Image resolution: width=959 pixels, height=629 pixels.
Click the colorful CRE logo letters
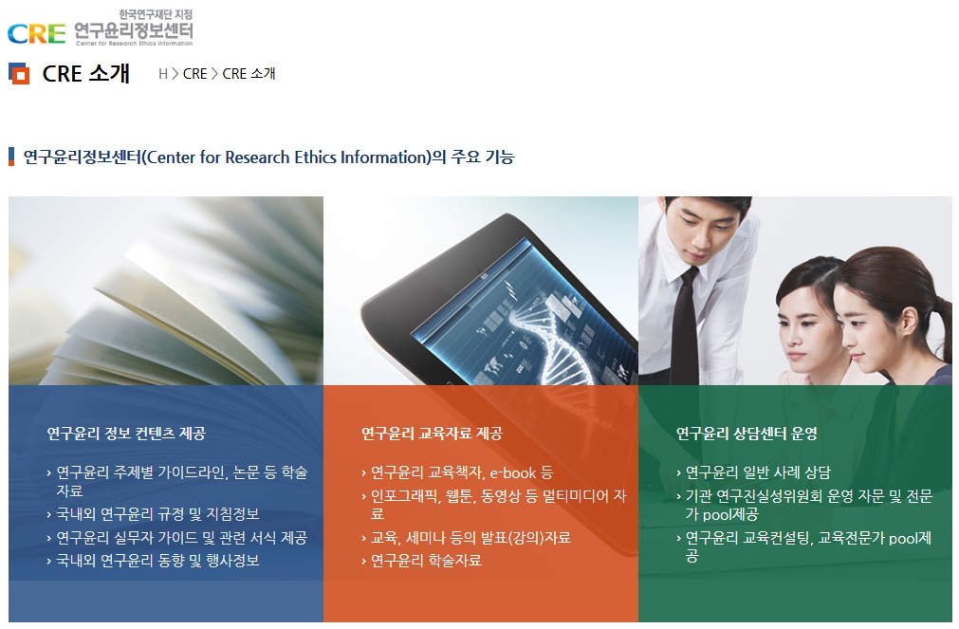[x=36, y=33]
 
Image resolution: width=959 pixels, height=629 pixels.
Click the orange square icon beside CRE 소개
[x=19, y=73]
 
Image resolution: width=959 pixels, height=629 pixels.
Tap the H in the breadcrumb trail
[x=163, y=74]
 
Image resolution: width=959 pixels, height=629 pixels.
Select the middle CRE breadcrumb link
[x=195, y=74]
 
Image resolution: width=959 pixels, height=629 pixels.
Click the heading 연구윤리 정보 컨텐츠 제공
[x=126, y=434]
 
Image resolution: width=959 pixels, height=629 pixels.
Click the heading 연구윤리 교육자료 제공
[x=432, y=434]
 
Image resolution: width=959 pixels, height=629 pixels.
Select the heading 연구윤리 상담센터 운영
[x=747, y=434]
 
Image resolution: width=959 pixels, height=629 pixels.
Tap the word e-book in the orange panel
[x=512, y=473]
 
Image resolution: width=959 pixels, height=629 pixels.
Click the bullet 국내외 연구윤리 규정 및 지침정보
[x=157, y=514]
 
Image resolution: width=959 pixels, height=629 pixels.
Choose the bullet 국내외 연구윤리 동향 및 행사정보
[x=157, y=561]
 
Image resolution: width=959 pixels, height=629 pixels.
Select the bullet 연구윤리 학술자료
[x=426, y=561]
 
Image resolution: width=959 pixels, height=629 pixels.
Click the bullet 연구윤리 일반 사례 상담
[x=758, y=473]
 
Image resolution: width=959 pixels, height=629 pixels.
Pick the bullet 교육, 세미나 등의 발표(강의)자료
[x=470, y=538]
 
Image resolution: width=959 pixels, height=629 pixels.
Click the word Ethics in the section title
[x=315, y=157]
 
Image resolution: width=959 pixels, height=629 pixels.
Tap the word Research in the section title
[x=257, y=157]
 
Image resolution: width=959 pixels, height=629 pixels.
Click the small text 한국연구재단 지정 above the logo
[x=156, y=14]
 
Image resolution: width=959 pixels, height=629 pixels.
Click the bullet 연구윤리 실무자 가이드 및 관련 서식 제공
[x=181, y=538]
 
